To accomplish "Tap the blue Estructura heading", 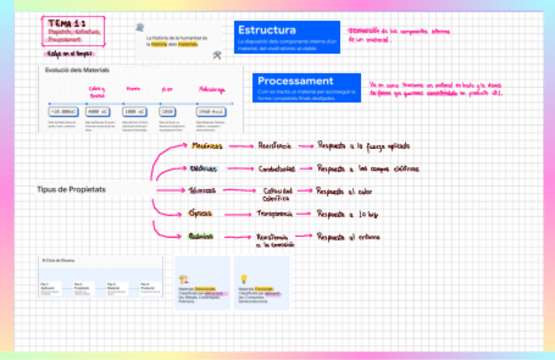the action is pyautogui.click(x=267, y=30).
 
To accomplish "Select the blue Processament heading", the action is pyautogui.click(x=295, y=81).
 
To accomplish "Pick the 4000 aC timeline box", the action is pyautogui.click(x=97, y=111).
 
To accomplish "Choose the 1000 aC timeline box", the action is pyautogui.click(x=134, y=111).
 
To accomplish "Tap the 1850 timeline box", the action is pyautogui.click(x=167, y=111).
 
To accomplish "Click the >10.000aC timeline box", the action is pyautogui.click(x=63, y=111).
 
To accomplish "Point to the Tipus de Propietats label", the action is pyautogui.click(x=71, y=190).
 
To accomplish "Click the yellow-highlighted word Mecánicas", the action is pyautogui.click(x=206, y=146).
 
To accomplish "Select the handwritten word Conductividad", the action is pyautogui.click(x=276, y=169).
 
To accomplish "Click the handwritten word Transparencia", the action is pyautogui.click(x=274, y=213).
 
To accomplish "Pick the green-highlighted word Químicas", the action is pyautogui.click(x=201, y=236).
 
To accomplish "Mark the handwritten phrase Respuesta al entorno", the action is pyautogui.click(x=348, y=236).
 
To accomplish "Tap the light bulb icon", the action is pyautogui.click(x=243, y=279).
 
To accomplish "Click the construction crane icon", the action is pyautogui.click(x=184, y=279).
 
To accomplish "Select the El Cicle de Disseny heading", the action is pyautogui.click(x=59, y=261).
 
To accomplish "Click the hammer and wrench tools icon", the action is pyautogui.click(x=217, y=56).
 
